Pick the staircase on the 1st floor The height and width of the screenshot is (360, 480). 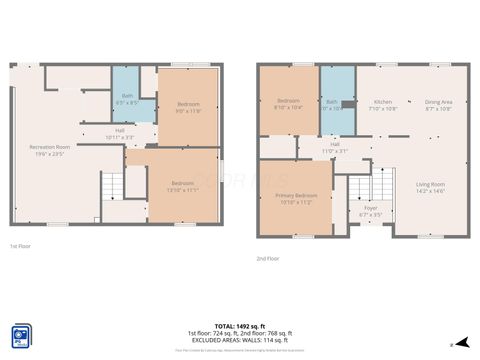coord(112,186)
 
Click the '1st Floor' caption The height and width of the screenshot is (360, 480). coord(20,246)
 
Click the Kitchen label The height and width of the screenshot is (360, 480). coord(383,104)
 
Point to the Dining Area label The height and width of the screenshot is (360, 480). coord(438,104)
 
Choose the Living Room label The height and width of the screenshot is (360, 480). coord(431,186)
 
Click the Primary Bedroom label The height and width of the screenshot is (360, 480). coord(297,198)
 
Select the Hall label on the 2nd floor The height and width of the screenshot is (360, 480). coord(335,148)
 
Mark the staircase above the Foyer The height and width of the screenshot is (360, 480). coord(361,186)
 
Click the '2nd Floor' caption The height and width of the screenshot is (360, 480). coord(268,258)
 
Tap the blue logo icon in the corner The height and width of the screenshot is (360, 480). coord(19,335)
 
